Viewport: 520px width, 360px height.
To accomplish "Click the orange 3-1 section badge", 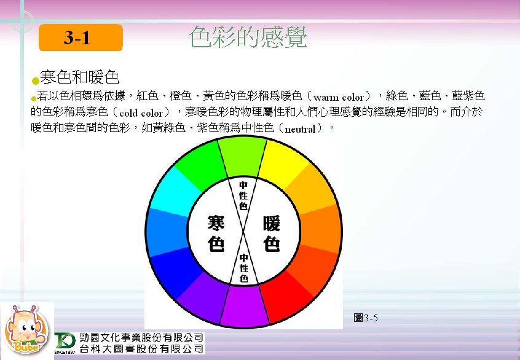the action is tap(81, 37).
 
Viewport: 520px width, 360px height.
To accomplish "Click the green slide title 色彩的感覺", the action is tap(248, 37).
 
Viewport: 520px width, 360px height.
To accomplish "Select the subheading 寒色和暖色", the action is tap(79, 77).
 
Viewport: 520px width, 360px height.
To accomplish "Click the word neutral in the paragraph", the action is tap(300, 129).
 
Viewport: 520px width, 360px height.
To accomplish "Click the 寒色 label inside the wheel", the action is tap(216, 233).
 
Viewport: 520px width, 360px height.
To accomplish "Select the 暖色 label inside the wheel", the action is tap(272, 233).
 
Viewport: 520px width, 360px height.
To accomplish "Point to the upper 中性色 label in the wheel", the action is tap(243, 195).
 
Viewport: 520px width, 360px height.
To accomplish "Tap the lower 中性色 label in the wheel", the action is tap(244, 268).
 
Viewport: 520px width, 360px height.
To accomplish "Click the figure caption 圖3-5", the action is tap(366, 318).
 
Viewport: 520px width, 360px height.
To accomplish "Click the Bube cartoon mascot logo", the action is tap(26, 329).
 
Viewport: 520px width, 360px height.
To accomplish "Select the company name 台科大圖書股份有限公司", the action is tap(141, 349).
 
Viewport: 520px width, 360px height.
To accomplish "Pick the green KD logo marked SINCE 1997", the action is tap(65, 342).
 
